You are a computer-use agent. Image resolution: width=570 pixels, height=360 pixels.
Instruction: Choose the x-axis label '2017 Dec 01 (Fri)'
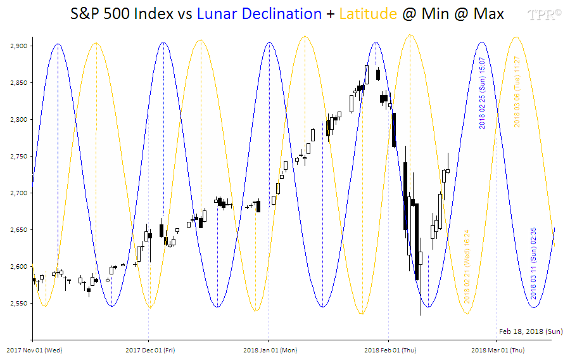pyautogui.click(x=149, y=349)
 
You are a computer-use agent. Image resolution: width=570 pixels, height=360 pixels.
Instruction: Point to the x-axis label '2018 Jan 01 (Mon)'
pyautogui.click(x=270, y=349)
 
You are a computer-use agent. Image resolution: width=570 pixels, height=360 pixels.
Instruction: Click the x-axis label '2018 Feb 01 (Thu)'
pyautogui.click(x=390, y=349)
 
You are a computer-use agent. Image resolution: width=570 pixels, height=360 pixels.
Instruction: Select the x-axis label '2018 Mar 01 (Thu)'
pyautogui.click(x=498, y=349)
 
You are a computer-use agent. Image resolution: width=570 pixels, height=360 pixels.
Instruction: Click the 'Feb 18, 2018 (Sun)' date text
pyautogui.click(x=530, y=331)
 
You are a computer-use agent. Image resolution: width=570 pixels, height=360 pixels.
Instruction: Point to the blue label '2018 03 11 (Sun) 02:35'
pyautogui.click(x=534, y=263)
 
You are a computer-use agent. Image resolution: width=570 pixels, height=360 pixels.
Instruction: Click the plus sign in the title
pyautogui.click(x=331, y=13)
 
